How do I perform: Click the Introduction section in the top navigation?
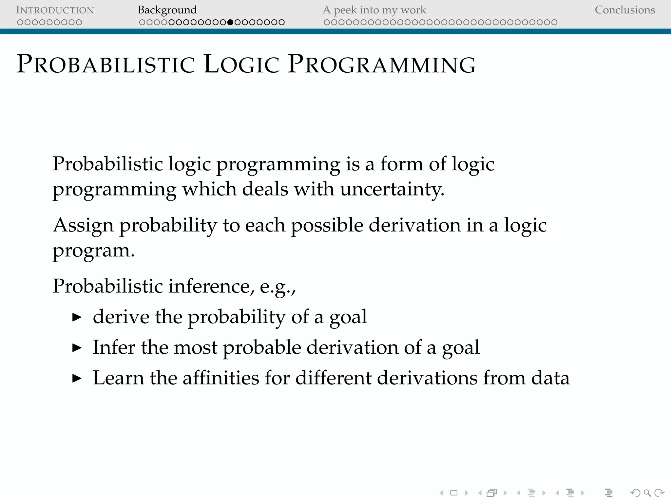pos(55,10)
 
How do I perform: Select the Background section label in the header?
pos(167,10)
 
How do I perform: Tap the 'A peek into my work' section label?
pos(374,10)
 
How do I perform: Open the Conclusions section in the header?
pos(625,10)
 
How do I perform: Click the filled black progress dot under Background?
pos(230,22)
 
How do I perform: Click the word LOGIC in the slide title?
pos(241,64)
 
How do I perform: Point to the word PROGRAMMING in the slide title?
pos(381,64)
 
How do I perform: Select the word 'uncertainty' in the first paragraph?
pos(392,189)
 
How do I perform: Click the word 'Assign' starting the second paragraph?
pos(83,226)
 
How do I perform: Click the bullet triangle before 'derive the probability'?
pos(77,317)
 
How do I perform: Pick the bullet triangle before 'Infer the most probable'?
pos(77,348)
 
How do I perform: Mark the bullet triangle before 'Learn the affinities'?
pos(77,379)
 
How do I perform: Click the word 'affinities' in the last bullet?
pos(221,378)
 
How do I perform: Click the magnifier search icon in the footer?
pos(647,493)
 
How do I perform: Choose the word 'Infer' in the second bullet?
pos(114,347)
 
